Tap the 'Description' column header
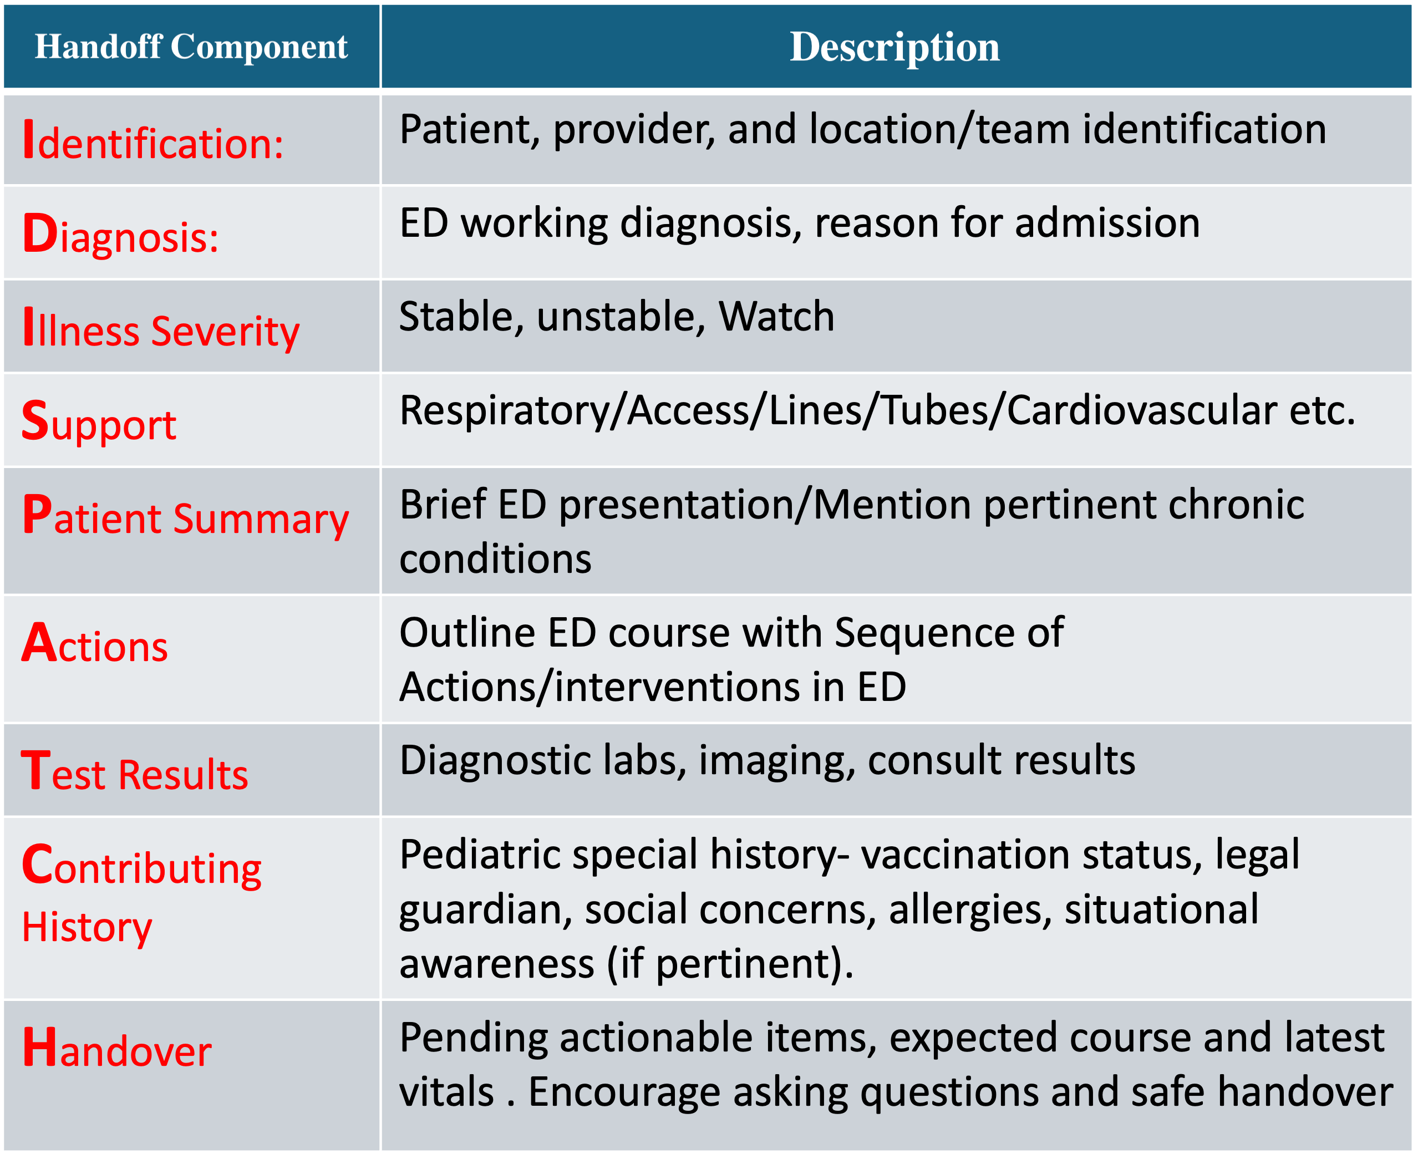click(x=895, y=47)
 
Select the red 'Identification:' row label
click(x=153, y=140)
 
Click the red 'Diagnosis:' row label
click(x=120, y=233)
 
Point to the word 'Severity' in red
click(x=226, y=332)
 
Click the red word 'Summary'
click(x=261, y=520)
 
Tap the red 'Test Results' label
click(x=135, y=772)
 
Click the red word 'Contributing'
click(x=141, y=866)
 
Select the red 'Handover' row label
click(x=117, y=1049)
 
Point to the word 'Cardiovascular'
click(x=1142, y=410)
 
